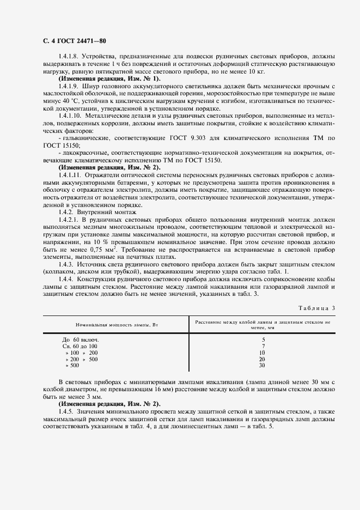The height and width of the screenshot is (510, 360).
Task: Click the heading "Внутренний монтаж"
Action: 106,211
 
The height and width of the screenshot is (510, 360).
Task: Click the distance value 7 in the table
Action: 263,346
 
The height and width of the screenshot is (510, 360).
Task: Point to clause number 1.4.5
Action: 67,411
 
